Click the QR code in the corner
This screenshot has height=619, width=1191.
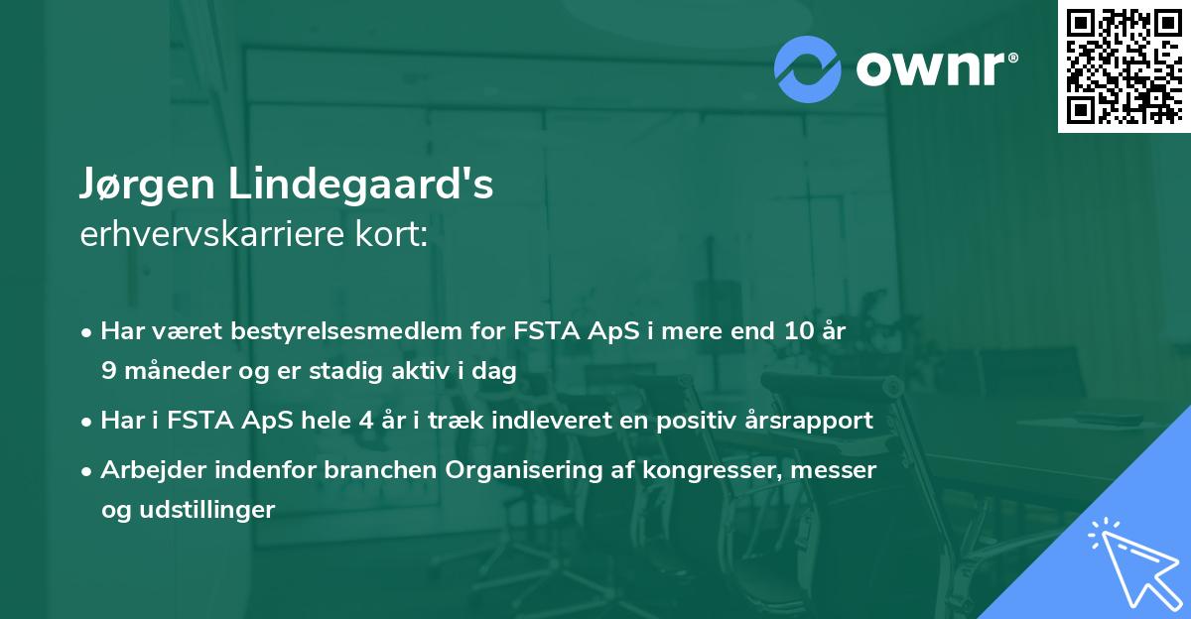point(1124,66)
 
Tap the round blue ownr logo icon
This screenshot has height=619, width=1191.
point(807,68)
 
